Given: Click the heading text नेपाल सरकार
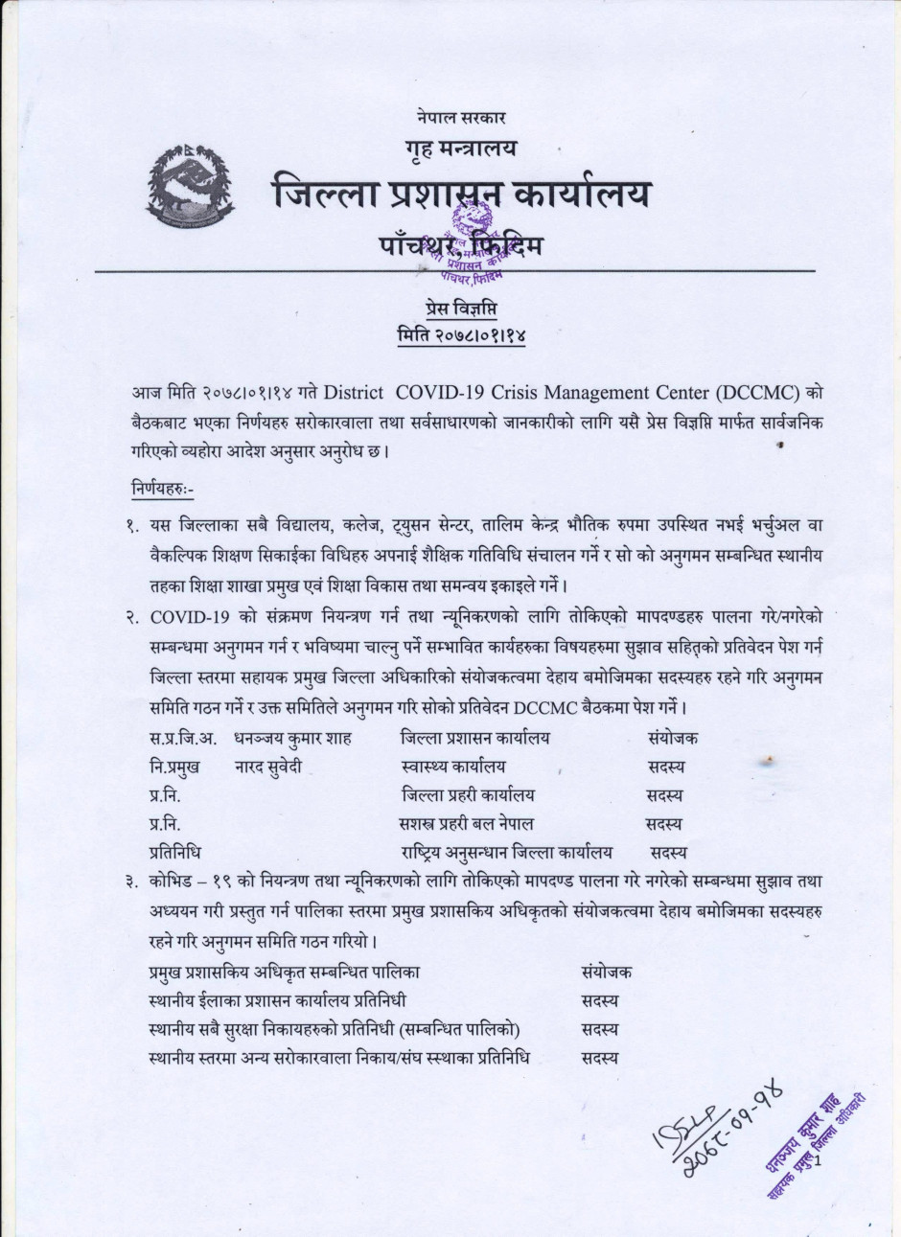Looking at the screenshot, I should (x=462, y=118).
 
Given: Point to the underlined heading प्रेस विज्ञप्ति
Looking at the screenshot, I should (x=462, y=308).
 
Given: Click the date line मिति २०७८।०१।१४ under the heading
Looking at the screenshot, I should (x=462, y=335).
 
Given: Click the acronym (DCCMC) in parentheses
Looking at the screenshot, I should (x=757, y=393).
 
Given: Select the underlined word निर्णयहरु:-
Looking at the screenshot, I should (x=162, y=491).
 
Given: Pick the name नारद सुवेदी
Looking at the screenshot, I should (x=268, y=767).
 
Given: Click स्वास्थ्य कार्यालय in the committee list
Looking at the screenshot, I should (x=453, y=767).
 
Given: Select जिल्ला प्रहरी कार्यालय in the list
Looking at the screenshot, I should (x=468, y=794).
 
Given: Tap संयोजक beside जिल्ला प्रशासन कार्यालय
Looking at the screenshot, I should (x=673, y=738).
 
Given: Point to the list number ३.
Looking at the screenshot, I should (x=129, y=881).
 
